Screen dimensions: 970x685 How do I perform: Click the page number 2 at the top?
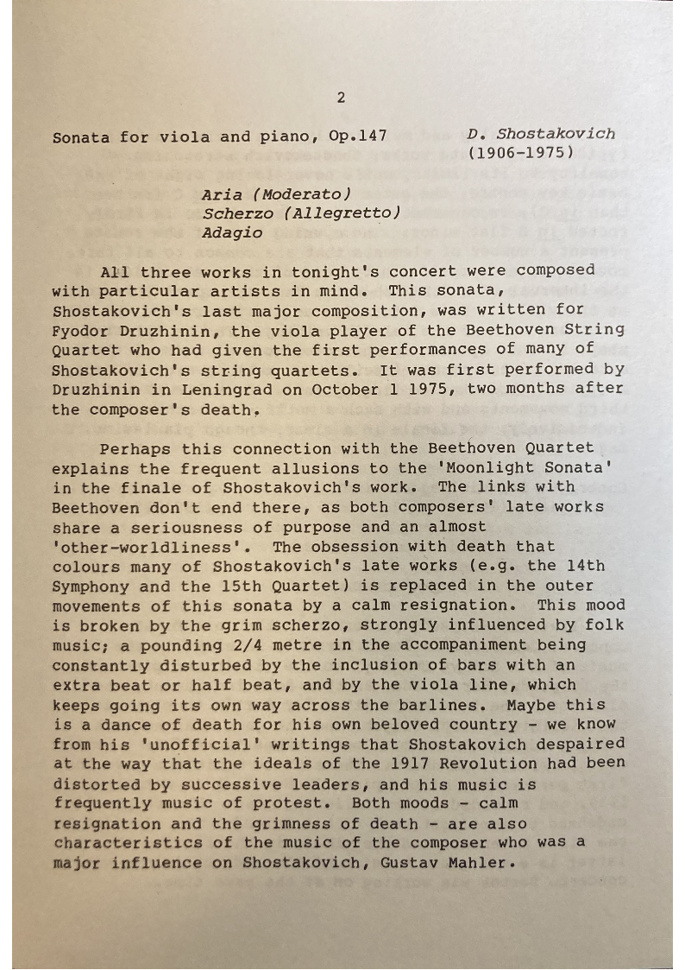(341, 98)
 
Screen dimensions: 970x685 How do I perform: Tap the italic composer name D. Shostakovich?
(541, 134)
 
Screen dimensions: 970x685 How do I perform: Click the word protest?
(300, 803)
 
